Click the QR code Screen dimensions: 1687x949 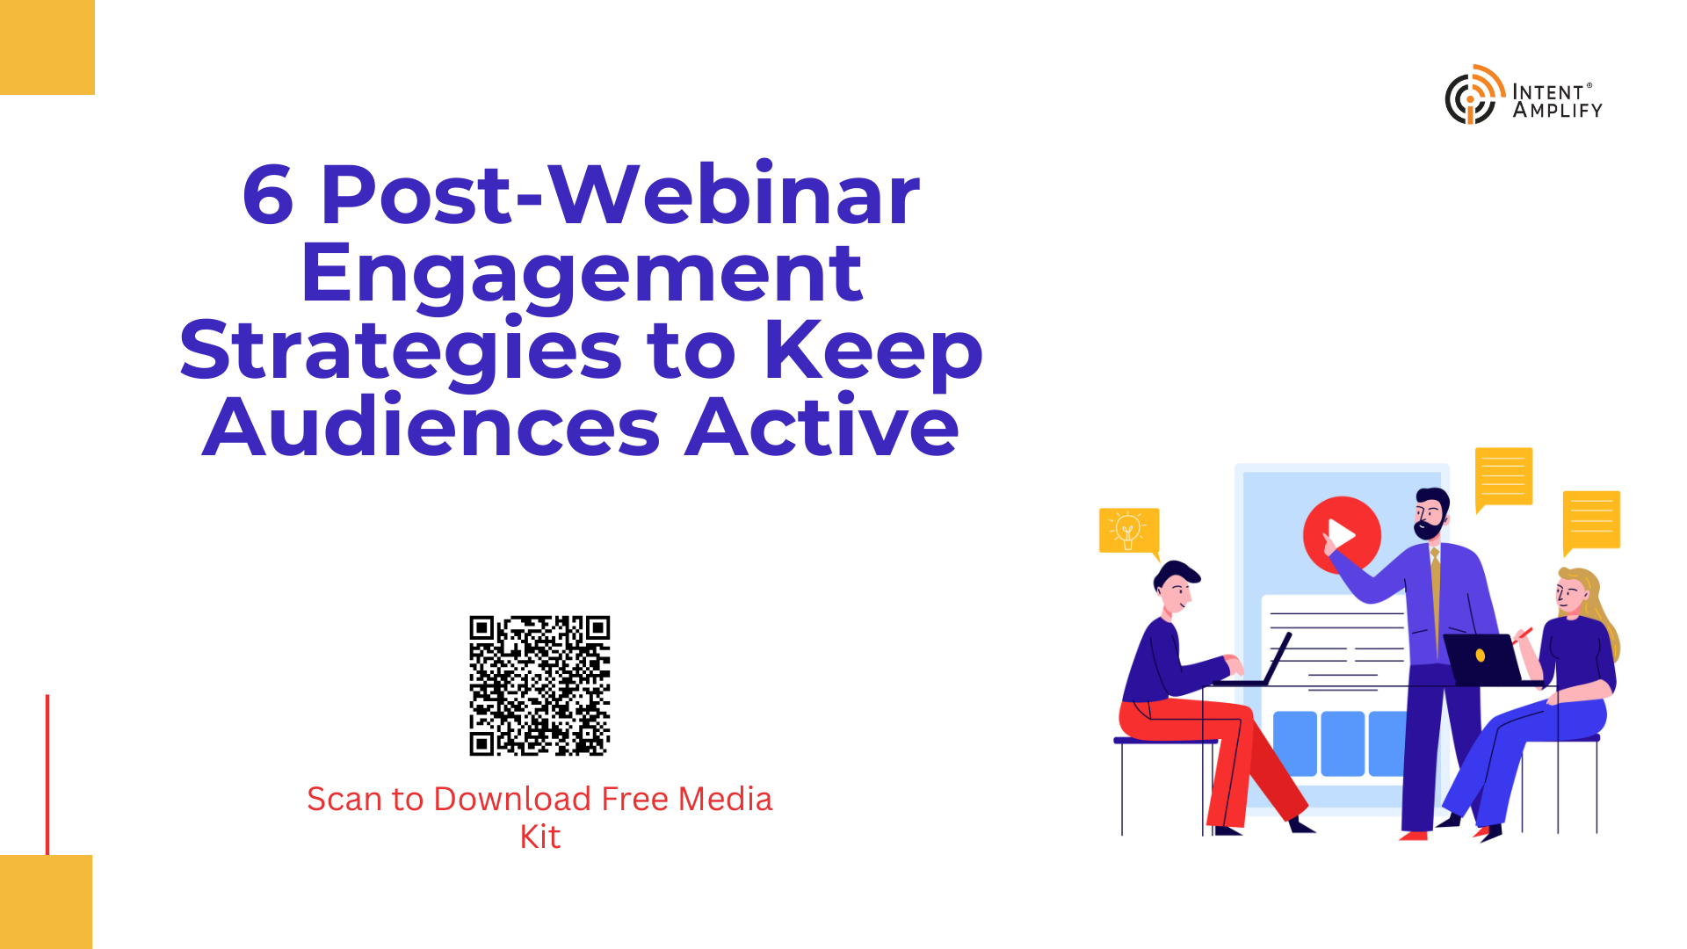[539, 685]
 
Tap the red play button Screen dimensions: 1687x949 [1342, 534]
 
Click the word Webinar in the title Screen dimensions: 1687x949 [735, 195]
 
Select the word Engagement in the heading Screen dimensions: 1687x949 [582, 274]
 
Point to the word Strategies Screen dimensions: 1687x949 [402, 351]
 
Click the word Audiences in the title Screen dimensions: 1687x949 [431, 428]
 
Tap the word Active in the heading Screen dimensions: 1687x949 [822, 428]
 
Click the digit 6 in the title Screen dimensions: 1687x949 [268, 195]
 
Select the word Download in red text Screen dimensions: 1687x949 [512, 799]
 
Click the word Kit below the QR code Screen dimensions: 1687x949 [539, 837]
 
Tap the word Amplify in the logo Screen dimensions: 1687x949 [1558, 111]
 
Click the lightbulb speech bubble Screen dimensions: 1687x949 [1130, 532]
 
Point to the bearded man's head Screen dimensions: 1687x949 [1430, 513]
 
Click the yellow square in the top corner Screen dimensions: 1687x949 [47, 47]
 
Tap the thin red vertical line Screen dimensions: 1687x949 [47, 774]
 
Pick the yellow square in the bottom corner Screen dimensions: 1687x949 [46, 902]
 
